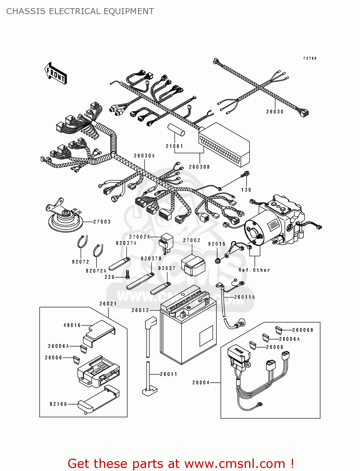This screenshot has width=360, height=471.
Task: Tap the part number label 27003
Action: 102,222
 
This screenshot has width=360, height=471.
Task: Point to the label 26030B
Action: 199,167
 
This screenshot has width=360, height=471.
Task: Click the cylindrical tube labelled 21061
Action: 176,130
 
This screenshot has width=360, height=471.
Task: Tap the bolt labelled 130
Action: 245,174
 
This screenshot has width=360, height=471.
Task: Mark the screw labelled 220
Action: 127,275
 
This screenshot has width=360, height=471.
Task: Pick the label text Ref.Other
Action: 254,270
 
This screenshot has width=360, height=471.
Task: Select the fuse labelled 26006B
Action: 278,330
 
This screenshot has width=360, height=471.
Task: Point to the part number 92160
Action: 58,404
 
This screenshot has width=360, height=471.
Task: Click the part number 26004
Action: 201,382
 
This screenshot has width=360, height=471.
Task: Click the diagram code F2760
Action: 310,58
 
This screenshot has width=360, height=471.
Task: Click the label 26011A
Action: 244,297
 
